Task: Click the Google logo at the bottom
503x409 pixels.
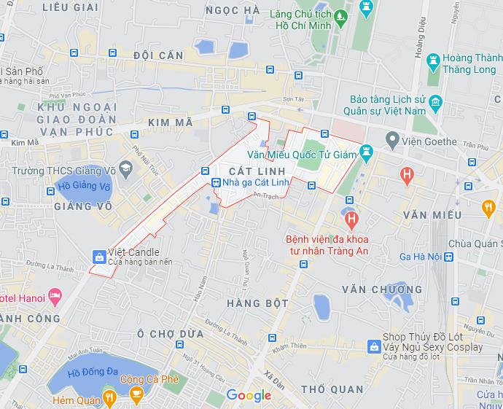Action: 249,396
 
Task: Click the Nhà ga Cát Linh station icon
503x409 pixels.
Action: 215,183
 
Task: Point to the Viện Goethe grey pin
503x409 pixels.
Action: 392,139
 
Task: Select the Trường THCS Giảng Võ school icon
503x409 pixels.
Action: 125,171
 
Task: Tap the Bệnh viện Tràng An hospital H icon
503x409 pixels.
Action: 351,218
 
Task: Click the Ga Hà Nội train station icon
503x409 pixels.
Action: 449,257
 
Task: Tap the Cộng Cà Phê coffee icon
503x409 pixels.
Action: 136,394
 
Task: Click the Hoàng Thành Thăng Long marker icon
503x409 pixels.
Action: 434,58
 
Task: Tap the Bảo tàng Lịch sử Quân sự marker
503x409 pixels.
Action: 436,101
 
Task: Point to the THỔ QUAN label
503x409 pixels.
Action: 332,389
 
